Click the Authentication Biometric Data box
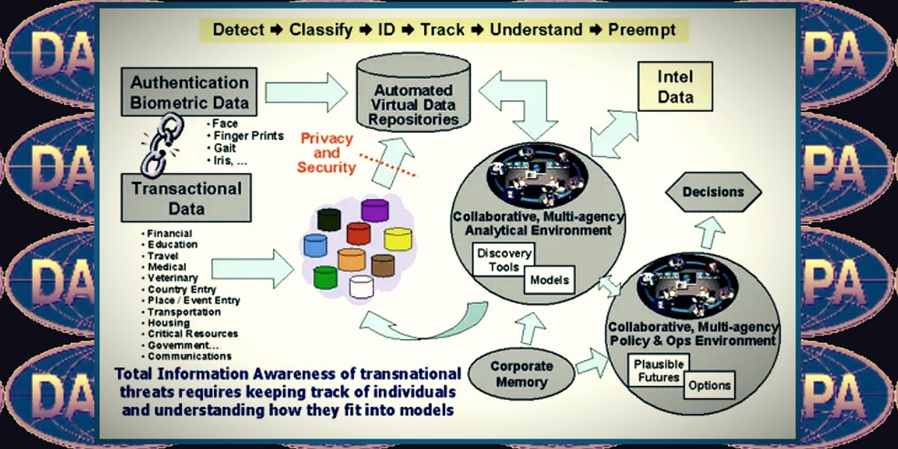189,92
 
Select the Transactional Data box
186,198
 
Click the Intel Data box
675,88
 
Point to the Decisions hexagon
712,192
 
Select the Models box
549,281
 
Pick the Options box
709,385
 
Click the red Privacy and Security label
326,153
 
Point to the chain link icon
159,144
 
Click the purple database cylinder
374,210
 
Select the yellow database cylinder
397,239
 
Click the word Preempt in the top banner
644,30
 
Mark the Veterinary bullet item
172,278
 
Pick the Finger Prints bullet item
248,135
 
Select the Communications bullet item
189,356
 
